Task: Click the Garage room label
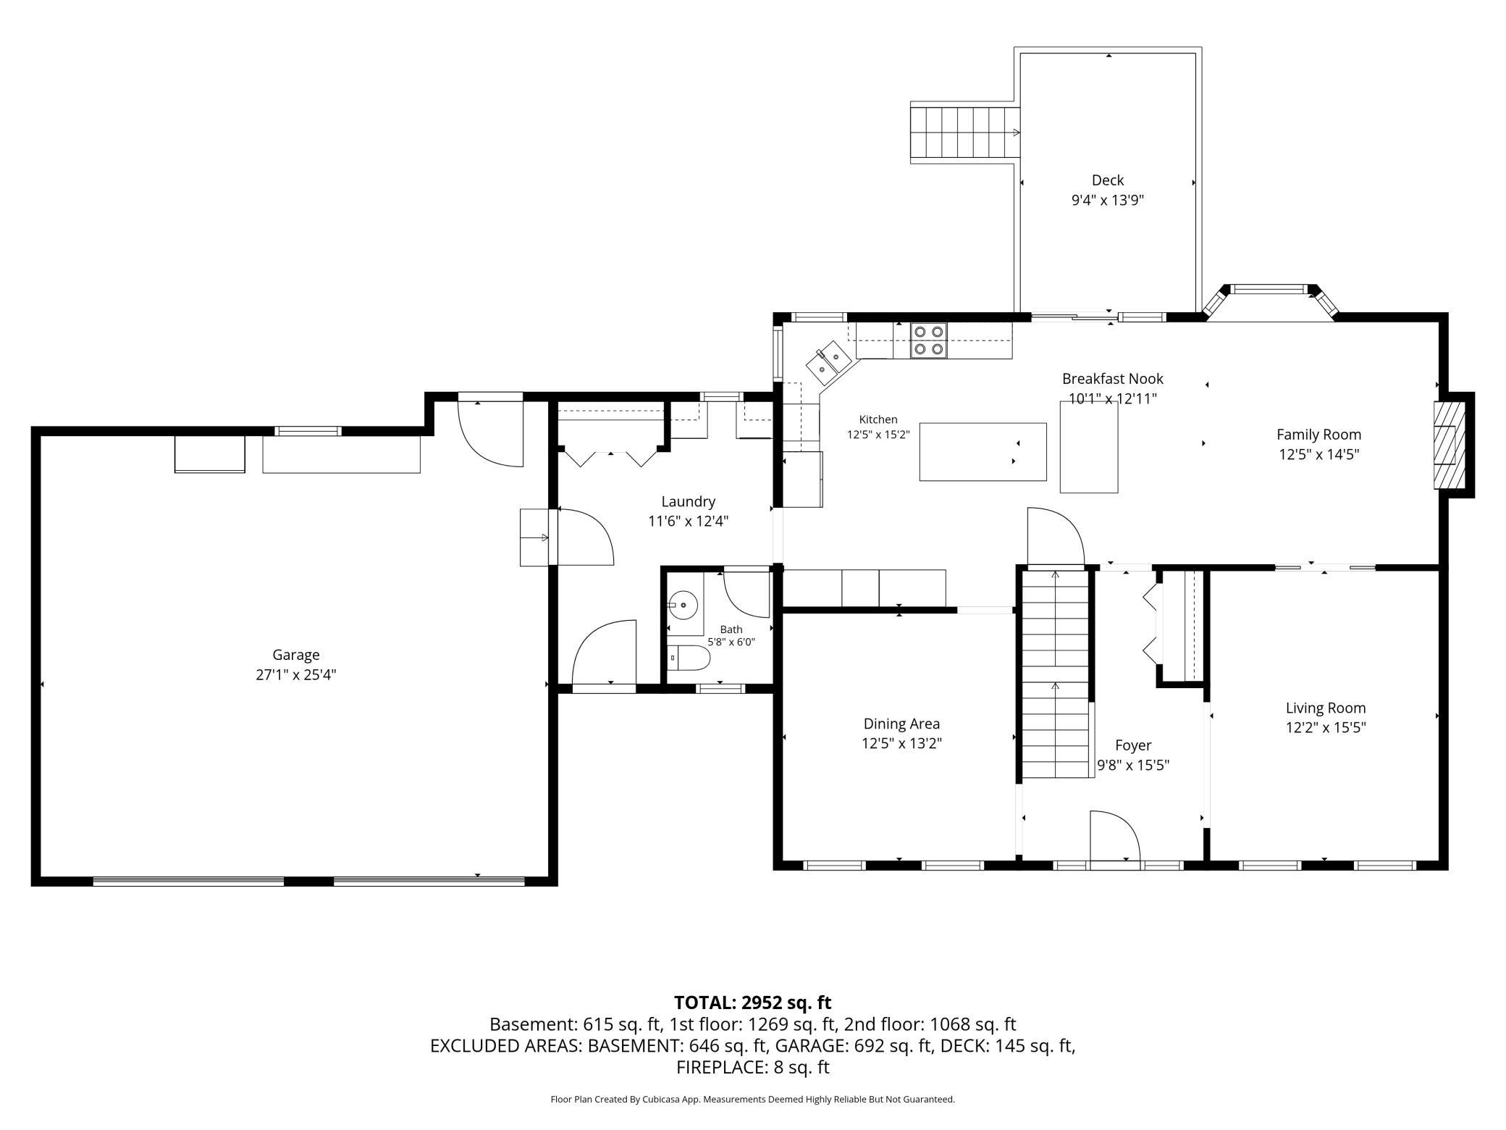click(x=295, y=655)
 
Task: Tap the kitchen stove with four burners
click(x=929, y=340)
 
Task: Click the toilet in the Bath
click(x=689, y=658)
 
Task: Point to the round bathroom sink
click(x=683, y=603)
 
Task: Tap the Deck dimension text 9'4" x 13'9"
click(x=1108, y=200)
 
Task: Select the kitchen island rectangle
click(x=983, y=452)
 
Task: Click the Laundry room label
click(x=688, y=501)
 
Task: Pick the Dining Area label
click(x=901, y=724)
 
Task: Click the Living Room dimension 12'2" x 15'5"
click(x=1326, y=727)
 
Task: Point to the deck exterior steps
click(x=965, y=133)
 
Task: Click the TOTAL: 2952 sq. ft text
click(x=752, y=1003)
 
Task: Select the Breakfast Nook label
click(x=1113, y=378)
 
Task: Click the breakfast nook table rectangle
click(x=1089, y=448)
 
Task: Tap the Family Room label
click(x=1318, y=435)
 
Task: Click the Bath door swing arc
click(x=746, y=595)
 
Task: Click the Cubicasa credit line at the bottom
click(x=752, y=1100)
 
